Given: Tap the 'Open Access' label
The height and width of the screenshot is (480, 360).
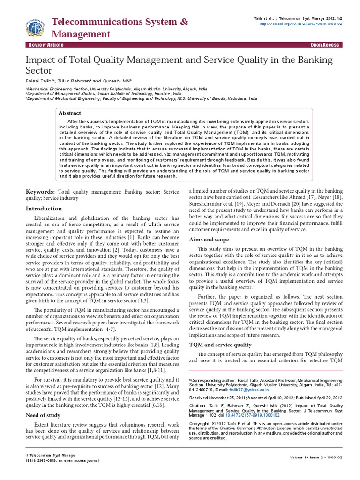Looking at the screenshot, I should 325,45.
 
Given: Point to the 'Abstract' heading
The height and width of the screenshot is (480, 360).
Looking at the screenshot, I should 69,113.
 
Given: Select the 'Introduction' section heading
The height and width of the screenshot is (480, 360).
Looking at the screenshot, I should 45,209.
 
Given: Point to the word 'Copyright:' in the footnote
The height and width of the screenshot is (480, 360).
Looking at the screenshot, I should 199,423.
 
